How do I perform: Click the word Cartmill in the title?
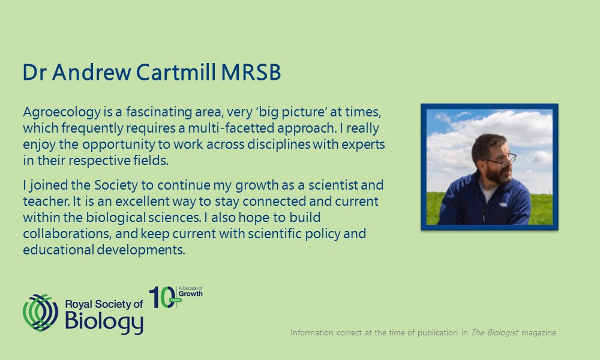(176, 72)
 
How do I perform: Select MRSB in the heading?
(251, 72)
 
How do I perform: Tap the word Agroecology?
(62, 112)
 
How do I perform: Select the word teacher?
(46, 201)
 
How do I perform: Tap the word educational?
(59, 250)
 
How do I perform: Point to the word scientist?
(333, 185)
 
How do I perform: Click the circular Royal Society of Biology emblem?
(41, 313)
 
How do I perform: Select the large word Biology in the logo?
(104, 322)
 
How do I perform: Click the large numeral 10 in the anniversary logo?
(162, 297)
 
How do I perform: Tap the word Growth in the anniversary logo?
(191, 294)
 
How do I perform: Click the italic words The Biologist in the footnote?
(494, 332)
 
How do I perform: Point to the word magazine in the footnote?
(539, 333)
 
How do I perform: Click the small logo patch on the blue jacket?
(503, 204)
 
